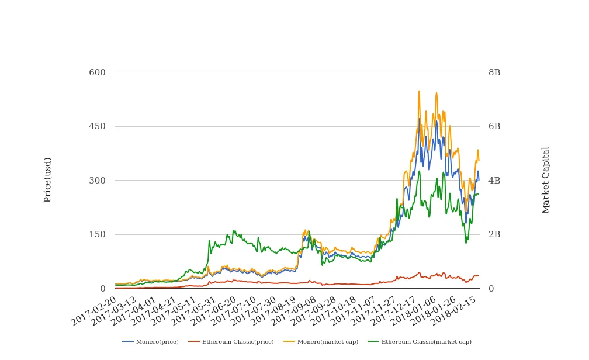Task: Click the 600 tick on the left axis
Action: point(97,72)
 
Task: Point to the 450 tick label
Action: point(97,126)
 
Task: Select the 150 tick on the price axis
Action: point(97,234)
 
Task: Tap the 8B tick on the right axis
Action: point(494,72)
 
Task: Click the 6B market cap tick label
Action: point(494,126)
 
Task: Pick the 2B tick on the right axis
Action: point(494,234)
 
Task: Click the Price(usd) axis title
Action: point(48,179)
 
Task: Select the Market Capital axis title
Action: point(546,180)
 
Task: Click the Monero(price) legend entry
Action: point(151,341)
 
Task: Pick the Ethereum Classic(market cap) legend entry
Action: point(419,341)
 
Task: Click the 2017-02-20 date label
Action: point(94,311)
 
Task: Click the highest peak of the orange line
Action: point(419,92)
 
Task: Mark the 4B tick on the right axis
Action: point(494,181)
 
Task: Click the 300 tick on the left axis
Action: point(97,181)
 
